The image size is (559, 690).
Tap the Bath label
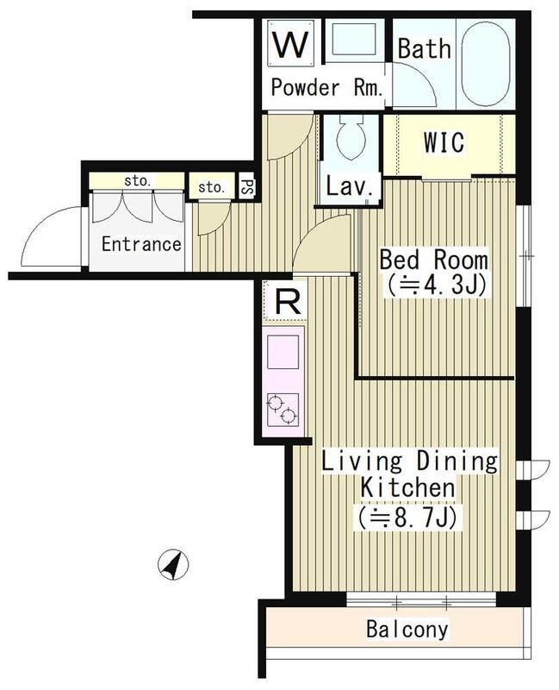click(x=425, y=48)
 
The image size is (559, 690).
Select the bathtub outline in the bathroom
click(x=486, y=63)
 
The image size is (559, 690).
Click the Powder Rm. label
click(x=326, y=88)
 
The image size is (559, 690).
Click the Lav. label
click(x=350, y=186)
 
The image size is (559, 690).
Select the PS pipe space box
click(x=247, y=187)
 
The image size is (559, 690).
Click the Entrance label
click(x=141, y=244)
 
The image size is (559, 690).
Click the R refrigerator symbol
click(x=287, y=302)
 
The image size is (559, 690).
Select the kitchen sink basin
click(x=283, y=352)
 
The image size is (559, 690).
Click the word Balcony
click(x=407, y=630)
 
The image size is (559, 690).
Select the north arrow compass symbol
click(x=173, y=564)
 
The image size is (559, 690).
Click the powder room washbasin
click(x=353, y=40)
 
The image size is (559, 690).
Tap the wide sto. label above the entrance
click(x=138, y=180)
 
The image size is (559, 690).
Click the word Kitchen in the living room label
click(x=407, y=488)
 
